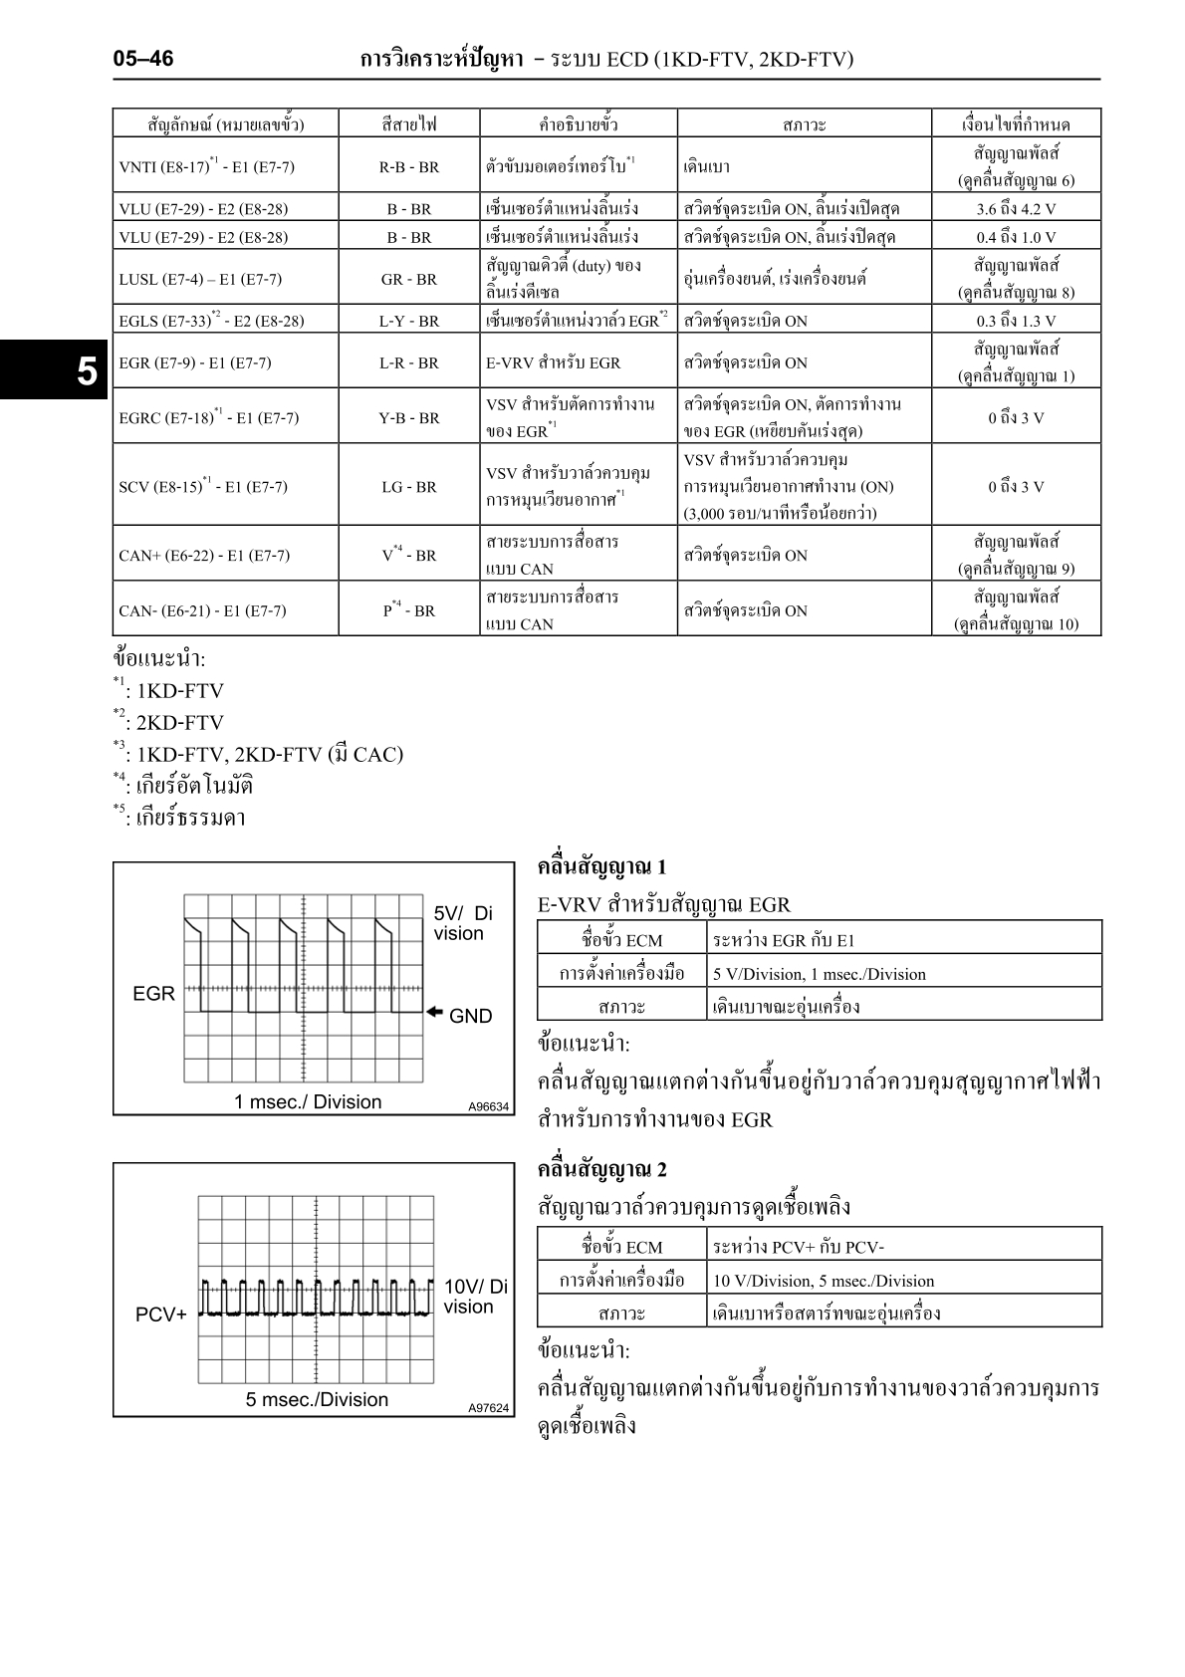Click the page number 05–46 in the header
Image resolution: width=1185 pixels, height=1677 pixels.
143,60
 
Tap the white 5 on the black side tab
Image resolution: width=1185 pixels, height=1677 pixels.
88,371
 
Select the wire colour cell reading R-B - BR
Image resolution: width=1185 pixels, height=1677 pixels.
408,167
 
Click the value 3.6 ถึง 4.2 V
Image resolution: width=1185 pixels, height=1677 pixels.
1016,209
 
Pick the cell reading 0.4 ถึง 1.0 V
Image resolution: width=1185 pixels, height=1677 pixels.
1016,237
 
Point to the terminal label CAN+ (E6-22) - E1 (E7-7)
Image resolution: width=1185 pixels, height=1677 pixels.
204,556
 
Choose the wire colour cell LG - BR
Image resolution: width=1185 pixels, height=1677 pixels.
408,487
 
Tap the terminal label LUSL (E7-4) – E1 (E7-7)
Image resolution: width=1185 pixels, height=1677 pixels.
200,279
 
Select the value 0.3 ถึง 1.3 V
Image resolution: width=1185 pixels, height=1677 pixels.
1016,321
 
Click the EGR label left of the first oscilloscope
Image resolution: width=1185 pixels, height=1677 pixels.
153,994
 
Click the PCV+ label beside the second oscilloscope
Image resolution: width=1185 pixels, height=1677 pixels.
160,1315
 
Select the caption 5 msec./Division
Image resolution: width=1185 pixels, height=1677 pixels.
317,1399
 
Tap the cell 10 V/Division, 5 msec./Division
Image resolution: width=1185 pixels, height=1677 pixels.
823,1281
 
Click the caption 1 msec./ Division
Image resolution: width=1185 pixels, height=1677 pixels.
308,1101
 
